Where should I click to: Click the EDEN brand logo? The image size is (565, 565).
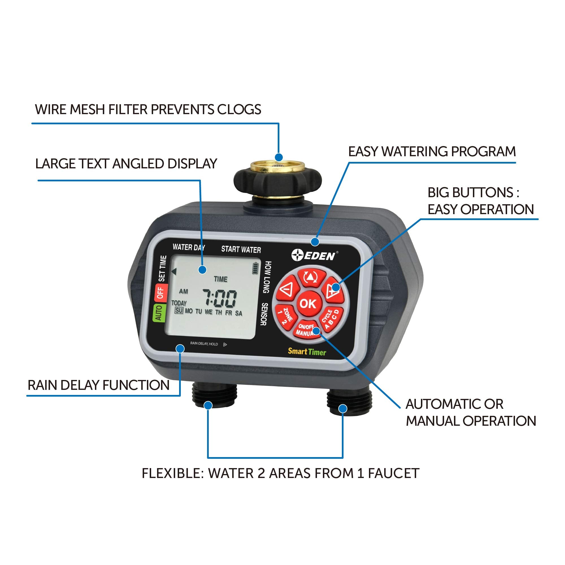pos(314,255)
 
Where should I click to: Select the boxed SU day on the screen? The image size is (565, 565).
pos(179,310)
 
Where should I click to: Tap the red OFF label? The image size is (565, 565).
pos(160,292)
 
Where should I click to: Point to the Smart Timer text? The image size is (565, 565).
pos(307,351)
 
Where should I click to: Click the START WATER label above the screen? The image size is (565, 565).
pos(241,249)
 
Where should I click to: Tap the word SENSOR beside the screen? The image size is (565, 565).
pos(264,314)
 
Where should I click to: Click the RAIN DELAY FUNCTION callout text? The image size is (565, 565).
pos(99,385)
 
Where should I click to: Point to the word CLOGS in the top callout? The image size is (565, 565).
pos(239,109)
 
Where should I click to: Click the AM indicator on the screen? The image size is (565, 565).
pos(183,291)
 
